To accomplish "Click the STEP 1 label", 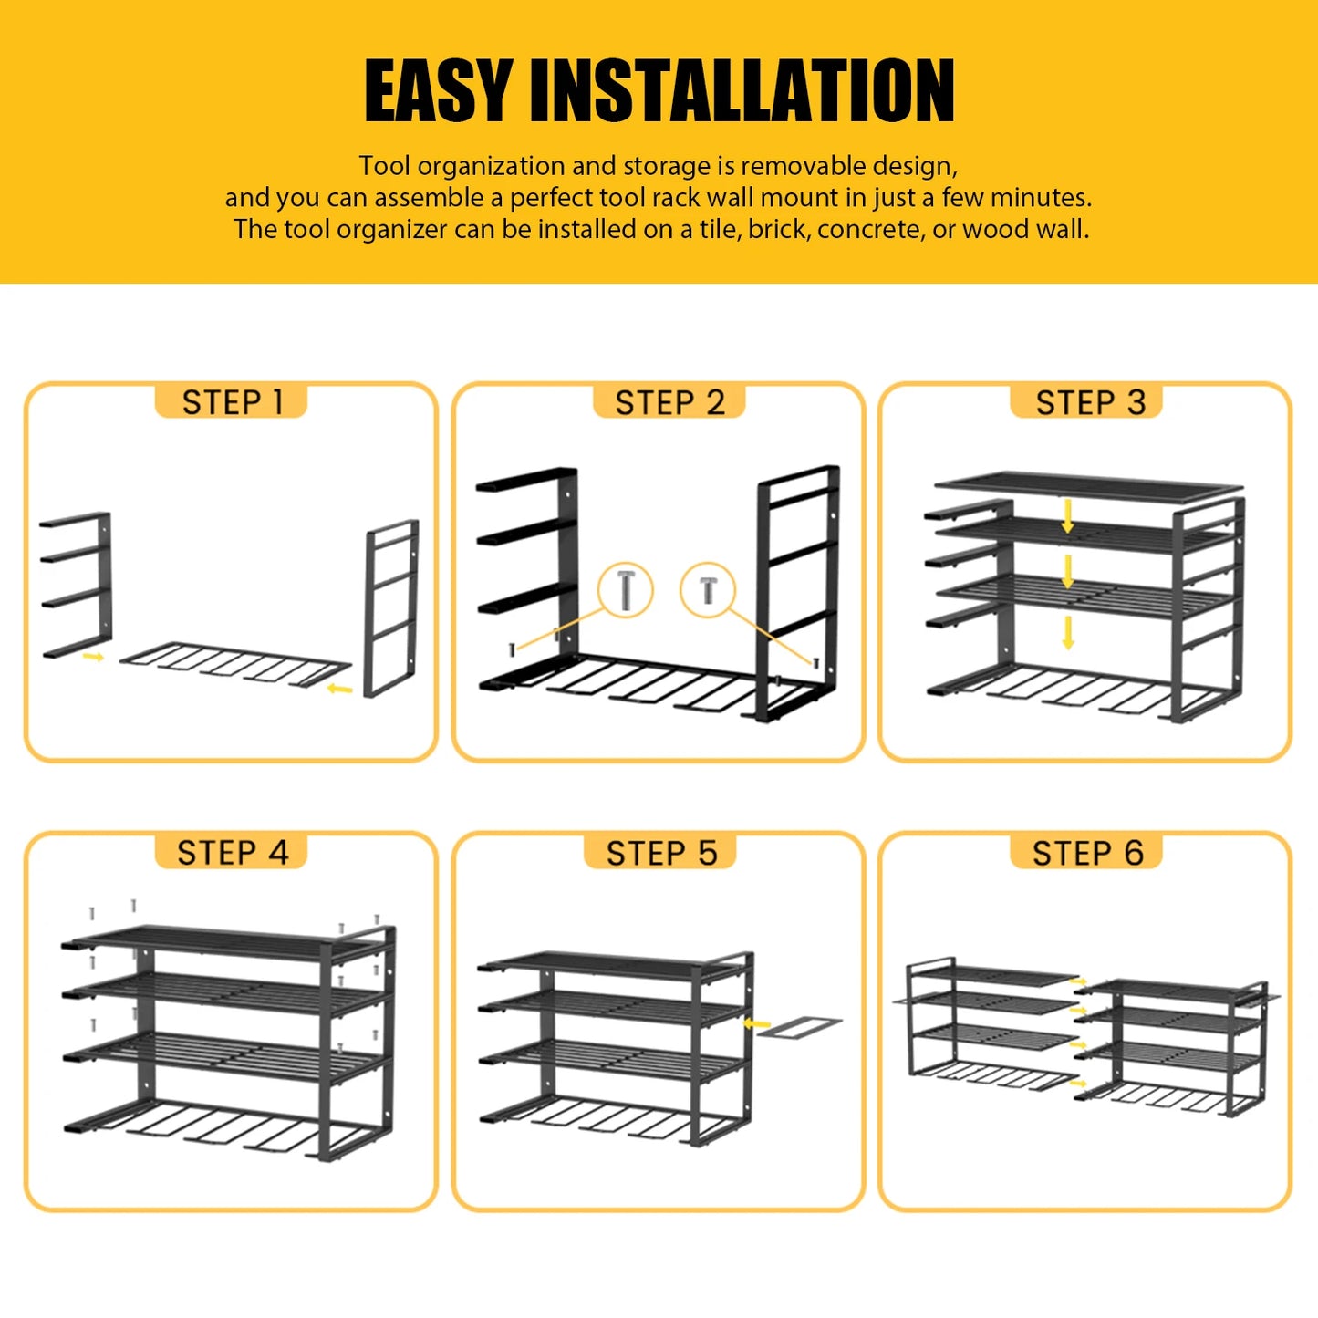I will (x=232, y=402).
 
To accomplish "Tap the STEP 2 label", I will (x=669, y=402).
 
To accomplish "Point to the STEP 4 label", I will (x=232, y=853).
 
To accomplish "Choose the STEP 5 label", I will (x=661, y=853).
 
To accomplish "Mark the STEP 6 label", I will (x=1087, y=853).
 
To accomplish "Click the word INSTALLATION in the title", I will (x=742, y=90).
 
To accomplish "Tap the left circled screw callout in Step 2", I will (x=625, y=589).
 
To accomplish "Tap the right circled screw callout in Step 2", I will (x=708, y=589).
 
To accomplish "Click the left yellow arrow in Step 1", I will (x=92, y=656).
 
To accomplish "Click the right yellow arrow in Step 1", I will (x=339, y=689).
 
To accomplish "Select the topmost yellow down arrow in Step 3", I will (x=1068, y=516).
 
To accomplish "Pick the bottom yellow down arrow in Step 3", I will (x=1068, y=633).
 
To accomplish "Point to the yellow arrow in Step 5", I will (x=756, y=1024).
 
